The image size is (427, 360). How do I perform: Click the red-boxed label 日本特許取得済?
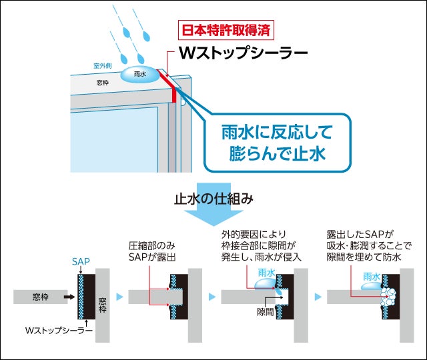pyautogui.click(x=228, y=31)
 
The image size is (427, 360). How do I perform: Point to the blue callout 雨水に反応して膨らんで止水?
pyautogui.click(x=276, y=141)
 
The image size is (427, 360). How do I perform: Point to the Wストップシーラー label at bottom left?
pyautogui.click(x=54, y=330)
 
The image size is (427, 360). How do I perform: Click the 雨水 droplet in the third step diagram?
pyautogui.click(x=268, y=282)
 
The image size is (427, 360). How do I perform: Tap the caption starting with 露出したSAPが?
pyautogui.click(x=368, y=245)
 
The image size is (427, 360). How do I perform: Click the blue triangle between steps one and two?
pyautogui.click(x=119, y=295)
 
